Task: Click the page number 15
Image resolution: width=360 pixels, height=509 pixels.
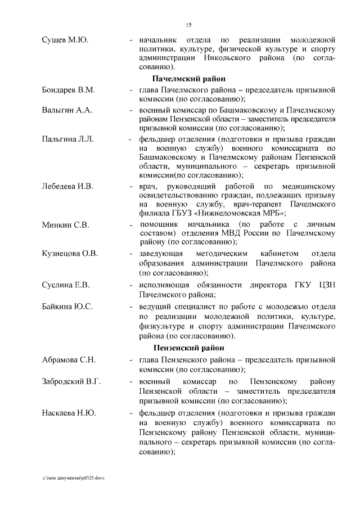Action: coord(189,24)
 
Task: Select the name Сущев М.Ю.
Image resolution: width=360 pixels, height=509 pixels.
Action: coord(66,40)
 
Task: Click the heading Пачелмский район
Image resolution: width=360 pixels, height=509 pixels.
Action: coord(189,79)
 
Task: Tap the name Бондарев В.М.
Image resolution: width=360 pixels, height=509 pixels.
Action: coord(69,90)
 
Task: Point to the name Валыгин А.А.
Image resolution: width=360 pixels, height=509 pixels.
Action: coord(67,110)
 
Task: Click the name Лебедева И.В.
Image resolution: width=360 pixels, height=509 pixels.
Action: coord(67,186)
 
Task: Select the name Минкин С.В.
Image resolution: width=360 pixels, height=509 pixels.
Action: coord(66,225)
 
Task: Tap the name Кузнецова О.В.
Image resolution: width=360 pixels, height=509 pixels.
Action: coord(70,254)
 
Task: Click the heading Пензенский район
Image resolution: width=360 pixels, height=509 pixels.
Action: coord(189,348)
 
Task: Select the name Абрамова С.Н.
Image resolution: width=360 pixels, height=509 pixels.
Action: coord(69,359)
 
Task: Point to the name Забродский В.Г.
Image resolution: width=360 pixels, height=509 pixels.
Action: coord(71,382)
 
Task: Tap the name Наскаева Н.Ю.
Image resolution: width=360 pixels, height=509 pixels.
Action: coord(69,413)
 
